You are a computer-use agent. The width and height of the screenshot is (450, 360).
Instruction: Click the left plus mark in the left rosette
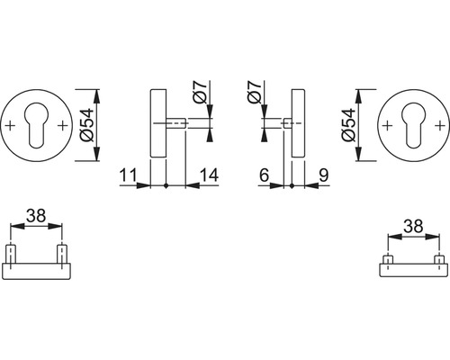coord(12,126)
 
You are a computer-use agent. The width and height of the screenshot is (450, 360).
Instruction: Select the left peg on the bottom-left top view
coord(12,253)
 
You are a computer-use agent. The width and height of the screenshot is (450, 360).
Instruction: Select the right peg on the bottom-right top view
coord(438,261)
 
